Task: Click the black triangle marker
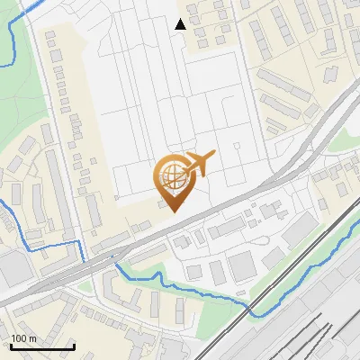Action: point(181,24)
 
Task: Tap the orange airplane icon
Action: point(196,165)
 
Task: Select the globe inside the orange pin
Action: point(171,175)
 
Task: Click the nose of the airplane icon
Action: point(213,155)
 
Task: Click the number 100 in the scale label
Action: point(18,338)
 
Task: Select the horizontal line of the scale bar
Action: point(41,346)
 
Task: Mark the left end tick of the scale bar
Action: point(11,345)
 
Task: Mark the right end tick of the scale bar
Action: point(73,345)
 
